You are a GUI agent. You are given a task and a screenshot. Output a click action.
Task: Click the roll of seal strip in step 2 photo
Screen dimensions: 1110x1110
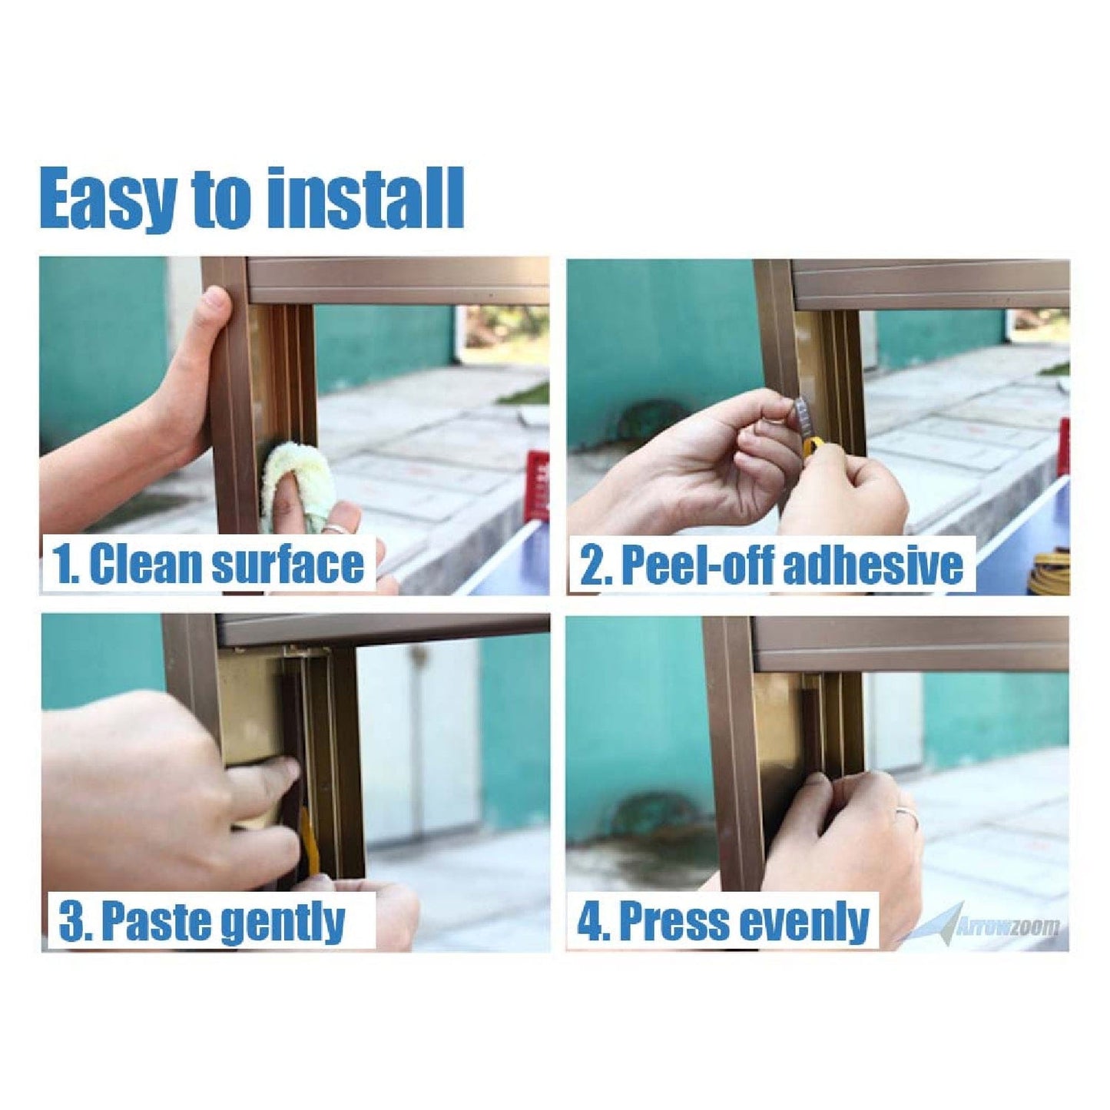[x=1049, y=572]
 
